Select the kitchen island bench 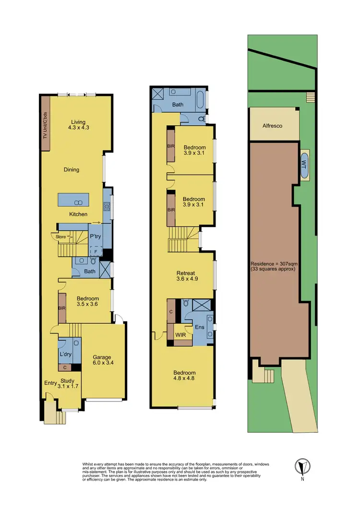[x=73, y=199]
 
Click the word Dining [x=71, y=169]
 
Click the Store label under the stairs [x=60, y=236]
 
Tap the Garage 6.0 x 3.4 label [x=102, y=360]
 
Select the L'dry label [x=65, y=354]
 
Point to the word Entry [x=50, y=382]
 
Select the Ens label [x=200, y=328]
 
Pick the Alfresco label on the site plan [x=272, y=126]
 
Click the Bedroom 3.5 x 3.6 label [x=88, y=302]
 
